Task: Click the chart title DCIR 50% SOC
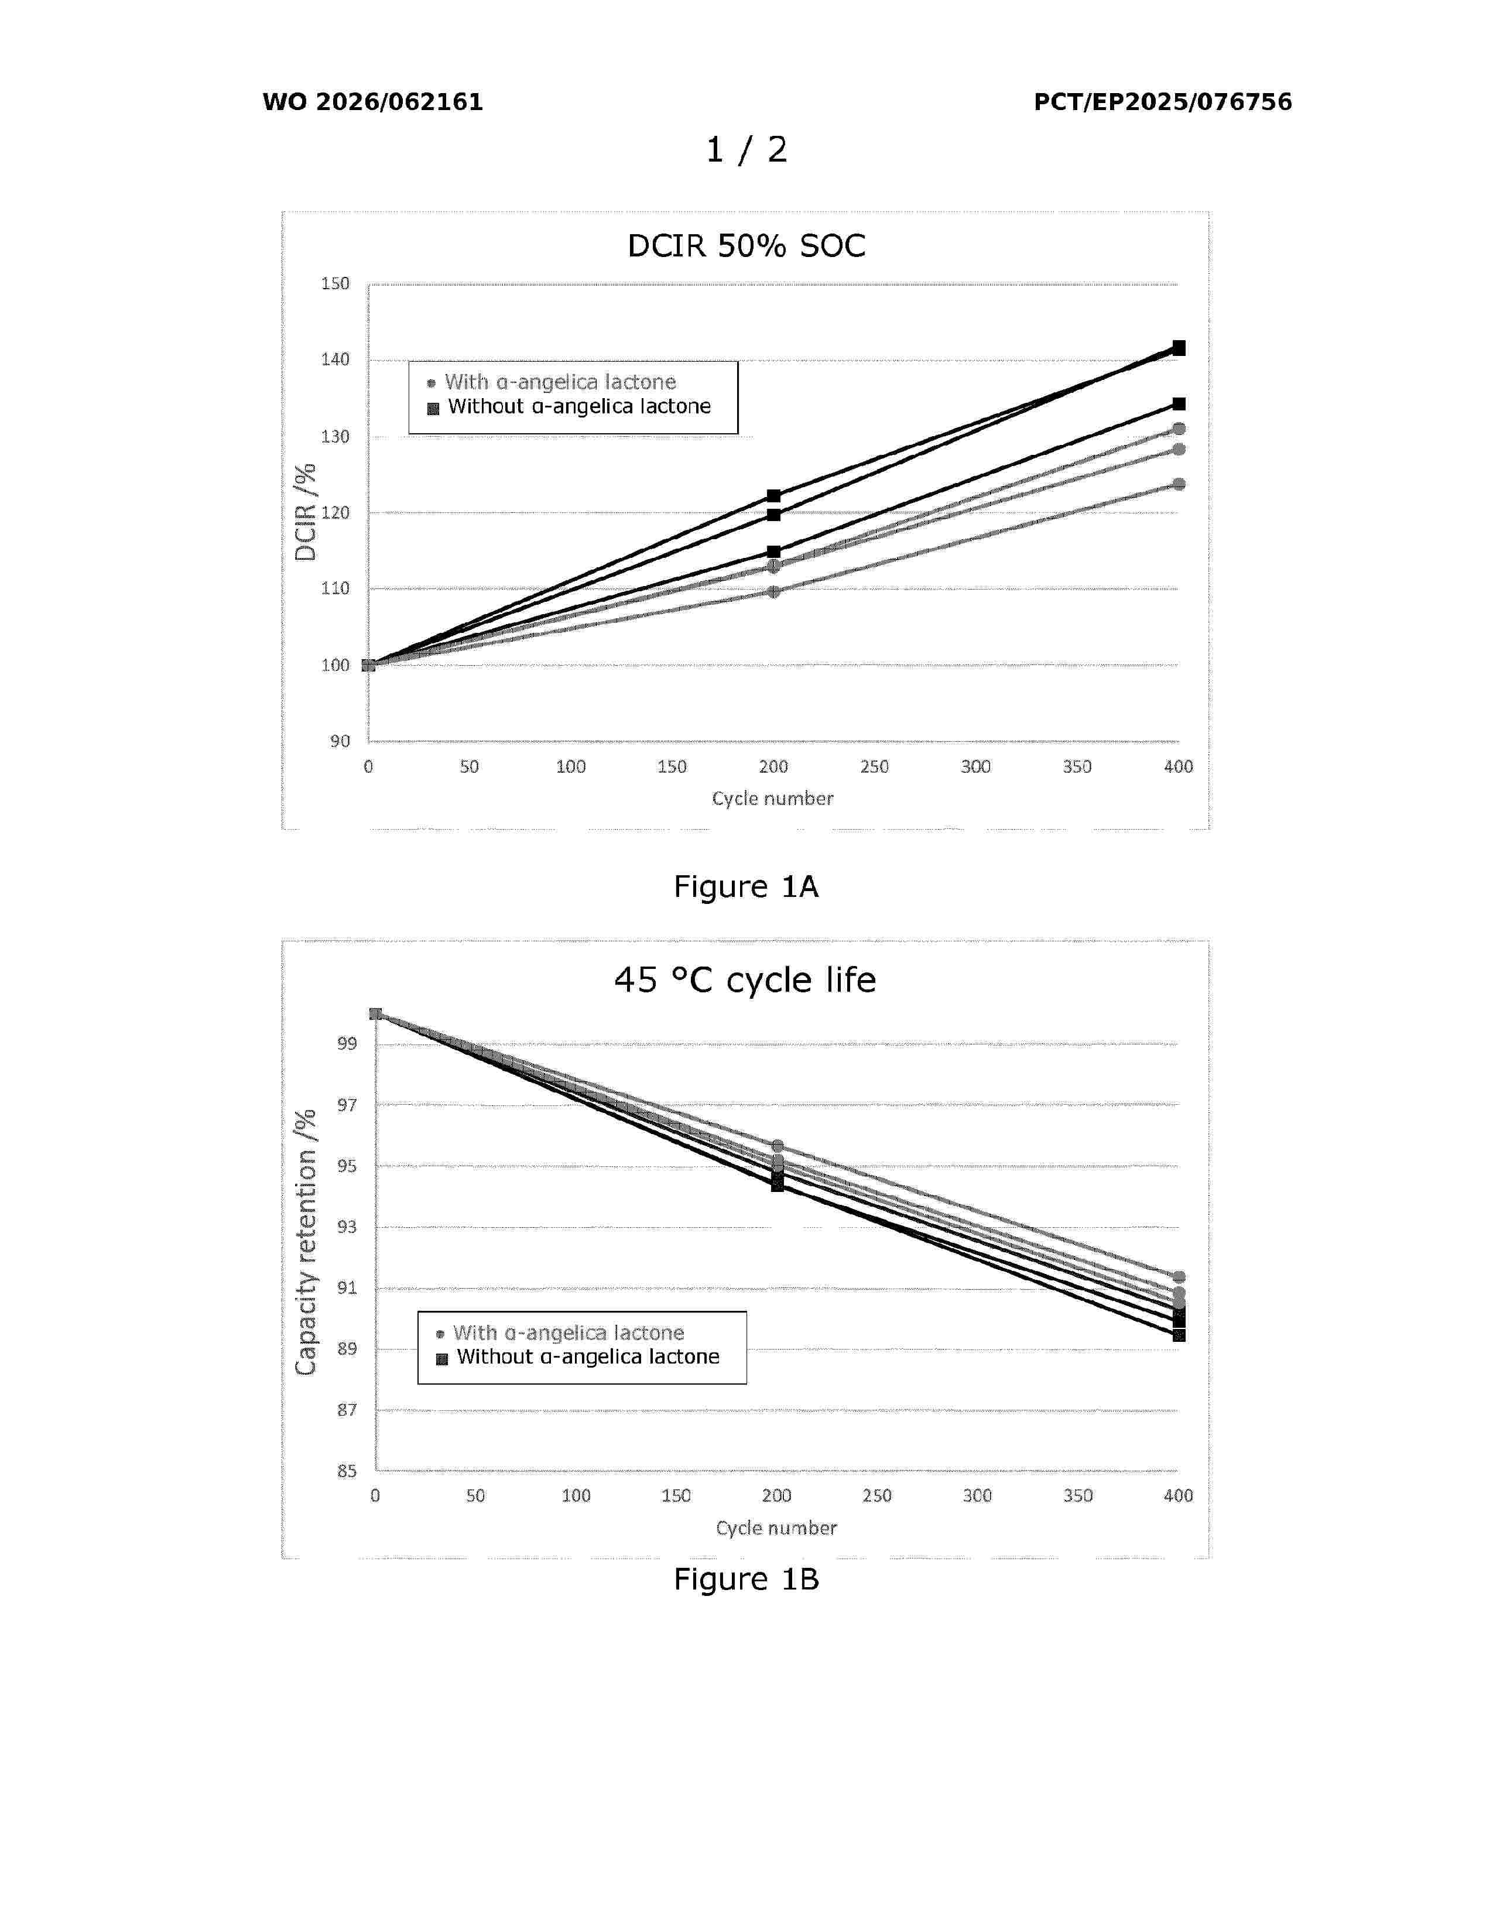click(745, 246)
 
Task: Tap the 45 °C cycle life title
click(745, 980)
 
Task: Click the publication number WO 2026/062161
click(372, 102)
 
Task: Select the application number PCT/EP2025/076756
click(1162, 102)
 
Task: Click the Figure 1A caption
click(745, 886)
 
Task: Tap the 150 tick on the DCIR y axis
click(335, 284)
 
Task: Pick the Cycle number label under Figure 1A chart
click(772, 799)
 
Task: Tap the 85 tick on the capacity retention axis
click(347, 1471)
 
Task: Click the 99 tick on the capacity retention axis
click(347, 1044)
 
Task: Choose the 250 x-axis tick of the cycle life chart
click(876, 1496)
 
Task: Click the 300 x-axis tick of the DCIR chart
click(975, 767)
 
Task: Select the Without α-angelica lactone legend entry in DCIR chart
click(578, 407)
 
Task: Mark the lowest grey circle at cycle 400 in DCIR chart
click(1178, 484)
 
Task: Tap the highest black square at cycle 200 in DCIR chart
click(773, 495)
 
